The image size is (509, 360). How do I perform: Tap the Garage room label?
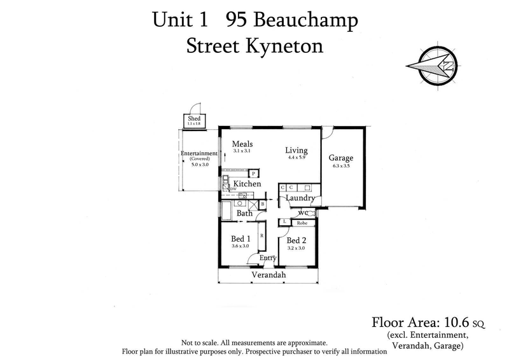(x=340, y=158)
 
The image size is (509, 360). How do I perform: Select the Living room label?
(x=296, y=151)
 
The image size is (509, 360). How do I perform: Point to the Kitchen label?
(x=247, y=184)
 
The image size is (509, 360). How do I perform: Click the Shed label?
(x=193, y=118)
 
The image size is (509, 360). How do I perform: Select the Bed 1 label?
(x=240, y=239)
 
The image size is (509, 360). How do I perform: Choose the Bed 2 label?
(x=296, y=240)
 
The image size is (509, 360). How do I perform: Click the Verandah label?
(x=268, y=275)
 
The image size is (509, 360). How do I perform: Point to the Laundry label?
(x=299, y=198)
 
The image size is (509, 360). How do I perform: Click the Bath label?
(x=245, y=214)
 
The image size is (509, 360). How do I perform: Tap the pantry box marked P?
(x=253, y=173)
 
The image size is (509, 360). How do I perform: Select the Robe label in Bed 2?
(x=303, y=223)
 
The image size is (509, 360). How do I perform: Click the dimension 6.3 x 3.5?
(x=340, y=166)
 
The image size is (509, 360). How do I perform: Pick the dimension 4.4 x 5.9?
(x=296, y=158)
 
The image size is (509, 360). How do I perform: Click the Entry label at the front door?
(x=267, y=258)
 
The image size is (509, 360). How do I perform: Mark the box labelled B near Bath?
(x=261, y=204)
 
